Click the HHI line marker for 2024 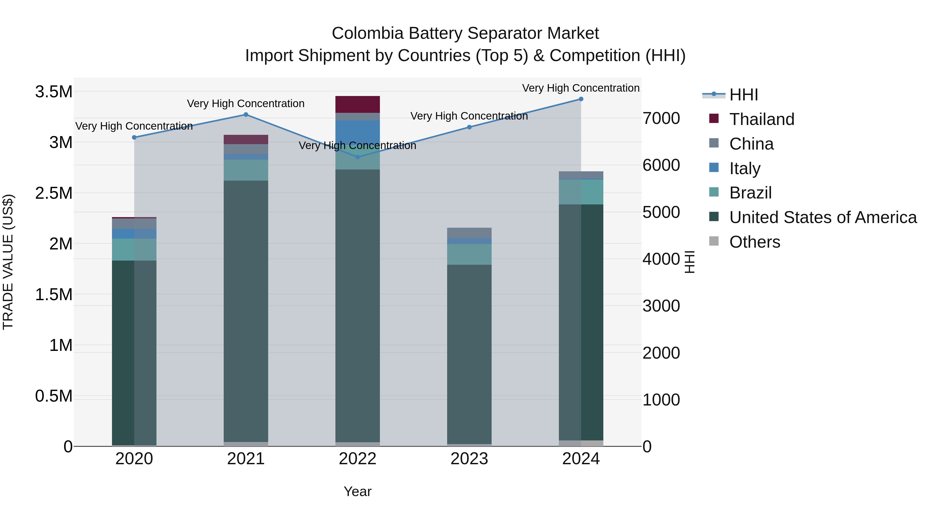tap(581, 99)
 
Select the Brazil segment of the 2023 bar tap(469, 254)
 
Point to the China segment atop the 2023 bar tap(469, 233)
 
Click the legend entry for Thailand tap(762, 119)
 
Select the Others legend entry tap(754, 242)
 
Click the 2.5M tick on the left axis tap(54, 193)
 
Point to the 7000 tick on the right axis tap(661, 118)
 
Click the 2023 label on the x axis tap(469, 459)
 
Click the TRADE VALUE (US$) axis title tap(8, 262)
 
